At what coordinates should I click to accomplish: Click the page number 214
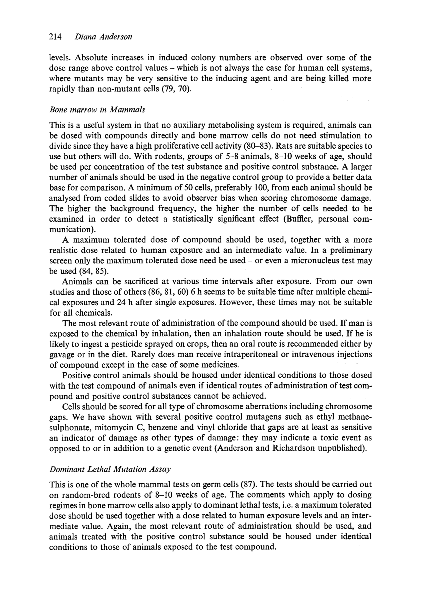(55, 37)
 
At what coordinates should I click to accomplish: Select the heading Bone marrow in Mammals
(97, 110)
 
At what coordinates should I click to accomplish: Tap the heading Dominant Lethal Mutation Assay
(110, 469)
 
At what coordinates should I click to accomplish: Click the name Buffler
(299, 219)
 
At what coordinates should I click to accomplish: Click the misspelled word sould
(264, 537)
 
